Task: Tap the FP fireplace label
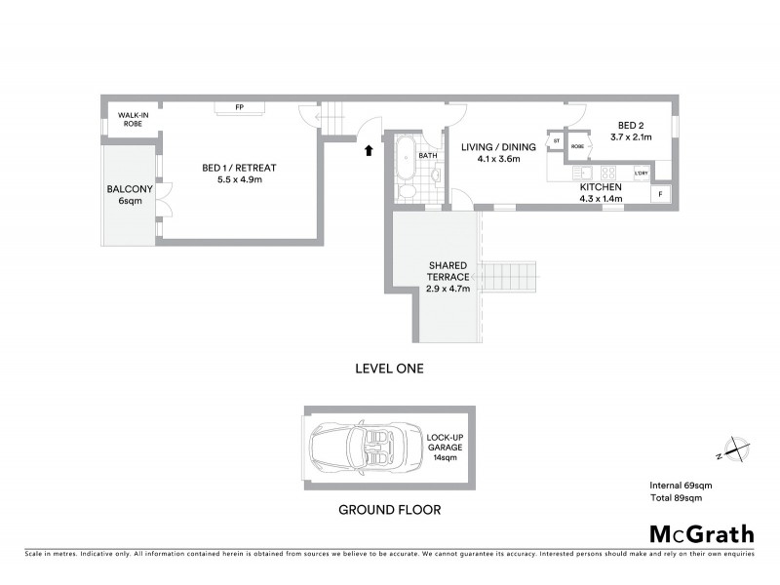238,106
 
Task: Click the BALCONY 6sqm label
125,195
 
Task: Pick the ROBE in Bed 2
577,146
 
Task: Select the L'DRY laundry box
641,174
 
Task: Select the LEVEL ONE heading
389,369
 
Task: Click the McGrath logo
701,533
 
